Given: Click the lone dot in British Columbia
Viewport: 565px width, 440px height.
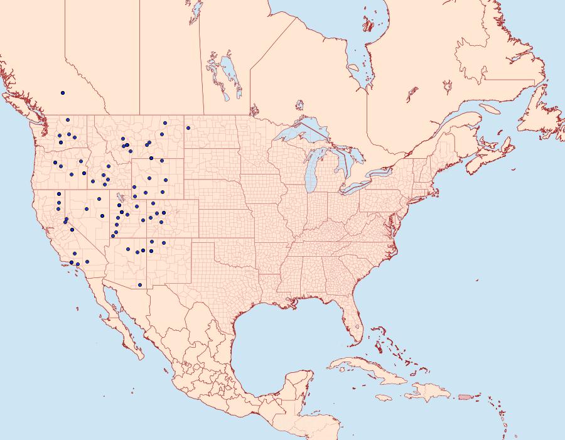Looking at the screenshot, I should point(63,93).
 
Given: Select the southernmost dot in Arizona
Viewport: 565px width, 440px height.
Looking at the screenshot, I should point(140,285).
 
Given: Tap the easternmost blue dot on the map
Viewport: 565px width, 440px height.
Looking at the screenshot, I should point(188,128).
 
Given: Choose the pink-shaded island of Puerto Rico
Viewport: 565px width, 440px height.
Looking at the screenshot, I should point(465,396).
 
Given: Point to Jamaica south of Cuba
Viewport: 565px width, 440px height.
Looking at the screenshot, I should point(385,397).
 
